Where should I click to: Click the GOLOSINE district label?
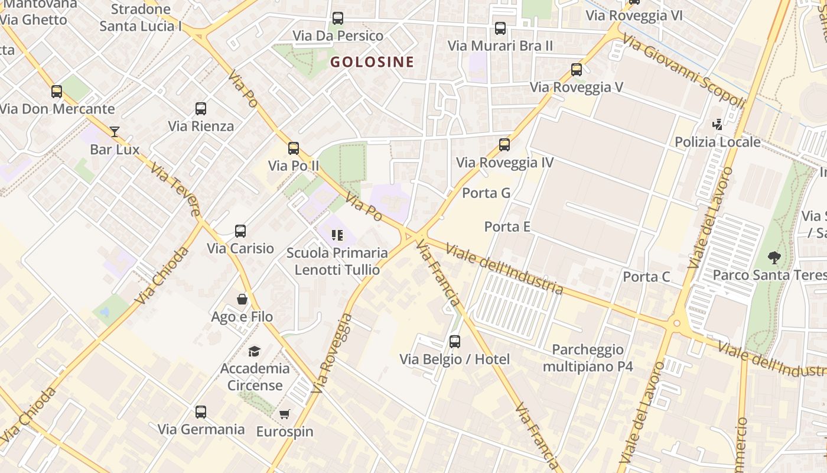coord(372,61)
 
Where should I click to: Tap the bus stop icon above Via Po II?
coord(294,148)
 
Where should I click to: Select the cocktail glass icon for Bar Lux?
coord(115,131)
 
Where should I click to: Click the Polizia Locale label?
coord(717,142)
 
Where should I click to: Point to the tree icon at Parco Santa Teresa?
coord(774,258)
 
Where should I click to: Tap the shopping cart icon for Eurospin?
coord(285,414)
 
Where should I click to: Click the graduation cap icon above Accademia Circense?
coord(255,351)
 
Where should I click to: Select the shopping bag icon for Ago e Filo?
coord(242,299)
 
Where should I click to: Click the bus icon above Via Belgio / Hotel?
coord(454,342)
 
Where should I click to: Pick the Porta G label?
coord(486,193)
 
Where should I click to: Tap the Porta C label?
coord(646,277)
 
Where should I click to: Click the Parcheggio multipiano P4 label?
coord(588,358)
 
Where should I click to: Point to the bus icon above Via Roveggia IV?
coord(504,145)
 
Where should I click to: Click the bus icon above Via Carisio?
coord(240,231)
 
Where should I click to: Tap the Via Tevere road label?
coord(175,191)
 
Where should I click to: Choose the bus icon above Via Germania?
coord(201,412)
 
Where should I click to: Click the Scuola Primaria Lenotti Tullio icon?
coord(337,235)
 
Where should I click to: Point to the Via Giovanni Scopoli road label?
coord(684,71)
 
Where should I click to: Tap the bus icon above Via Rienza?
coord(201,109)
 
